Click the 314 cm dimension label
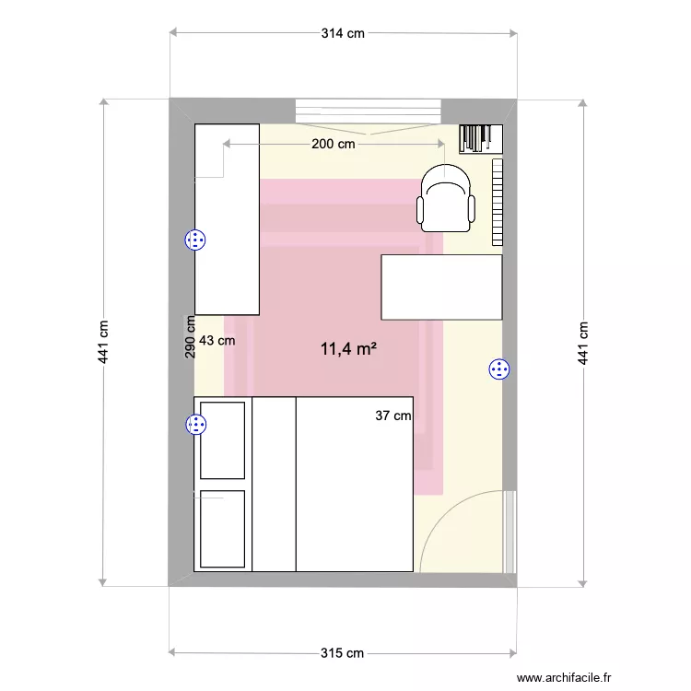click(343, 33)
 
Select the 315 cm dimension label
click(343, 653)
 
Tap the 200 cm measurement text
click(334, 144)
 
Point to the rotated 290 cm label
click(190, 337)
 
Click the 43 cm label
click(217, 340)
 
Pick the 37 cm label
click(393, 416)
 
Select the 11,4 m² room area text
click(349, 349)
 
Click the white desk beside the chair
click(441, 287)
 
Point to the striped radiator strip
click(498, 203)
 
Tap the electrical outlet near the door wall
click(499, 369)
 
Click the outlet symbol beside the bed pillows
click(195, 425)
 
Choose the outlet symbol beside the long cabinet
click(195, 240)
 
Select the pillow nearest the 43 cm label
click(223, 439)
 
